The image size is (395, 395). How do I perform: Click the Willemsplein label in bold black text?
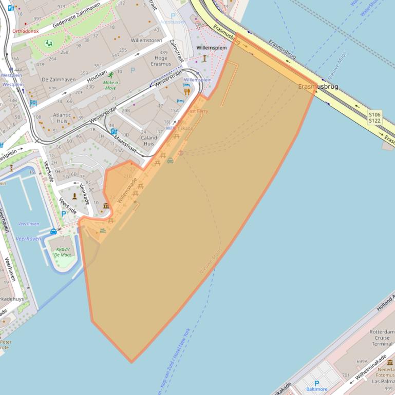pyautogui.click(x=212, y=48)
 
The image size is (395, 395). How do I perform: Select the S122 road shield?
pyautogui.click(x=374, y=121)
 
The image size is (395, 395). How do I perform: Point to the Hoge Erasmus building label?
pyautogui.click(x=161, y=61)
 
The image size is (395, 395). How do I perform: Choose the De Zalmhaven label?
pyautogui.click(x=59, y=80)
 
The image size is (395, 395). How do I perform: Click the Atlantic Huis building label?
pyautogui.click(x=62, y=118)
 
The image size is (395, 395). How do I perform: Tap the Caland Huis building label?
pyautogui.click(x=149, y=141)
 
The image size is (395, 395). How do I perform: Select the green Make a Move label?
pyautogui.click(x=110, y=85)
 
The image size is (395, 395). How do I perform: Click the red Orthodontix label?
pyautogui.click(x=26, y=31)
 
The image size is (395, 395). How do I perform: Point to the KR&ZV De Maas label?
pyautogui.click(x=63, y=252)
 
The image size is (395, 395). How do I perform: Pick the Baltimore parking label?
pyautogui.click(x=316, y=389)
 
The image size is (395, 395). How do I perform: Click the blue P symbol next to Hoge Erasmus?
pyautogui.click(x=133, y=70)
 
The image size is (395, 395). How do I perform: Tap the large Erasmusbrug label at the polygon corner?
pyautogui.click(x=318, y=87)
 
